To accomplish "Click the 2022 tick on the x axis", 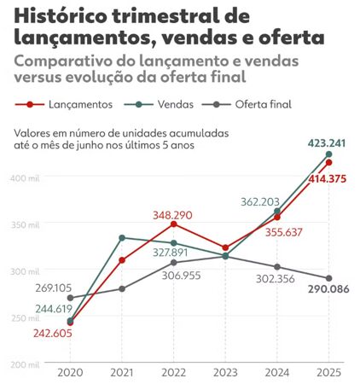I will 173,372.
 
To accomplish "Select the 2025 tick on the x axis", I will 328,372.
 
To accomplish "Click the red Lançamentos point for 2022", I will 173,224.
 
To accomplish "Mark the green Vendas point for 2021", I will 121,237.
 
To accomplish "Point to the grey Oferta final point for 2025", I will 328,278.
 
